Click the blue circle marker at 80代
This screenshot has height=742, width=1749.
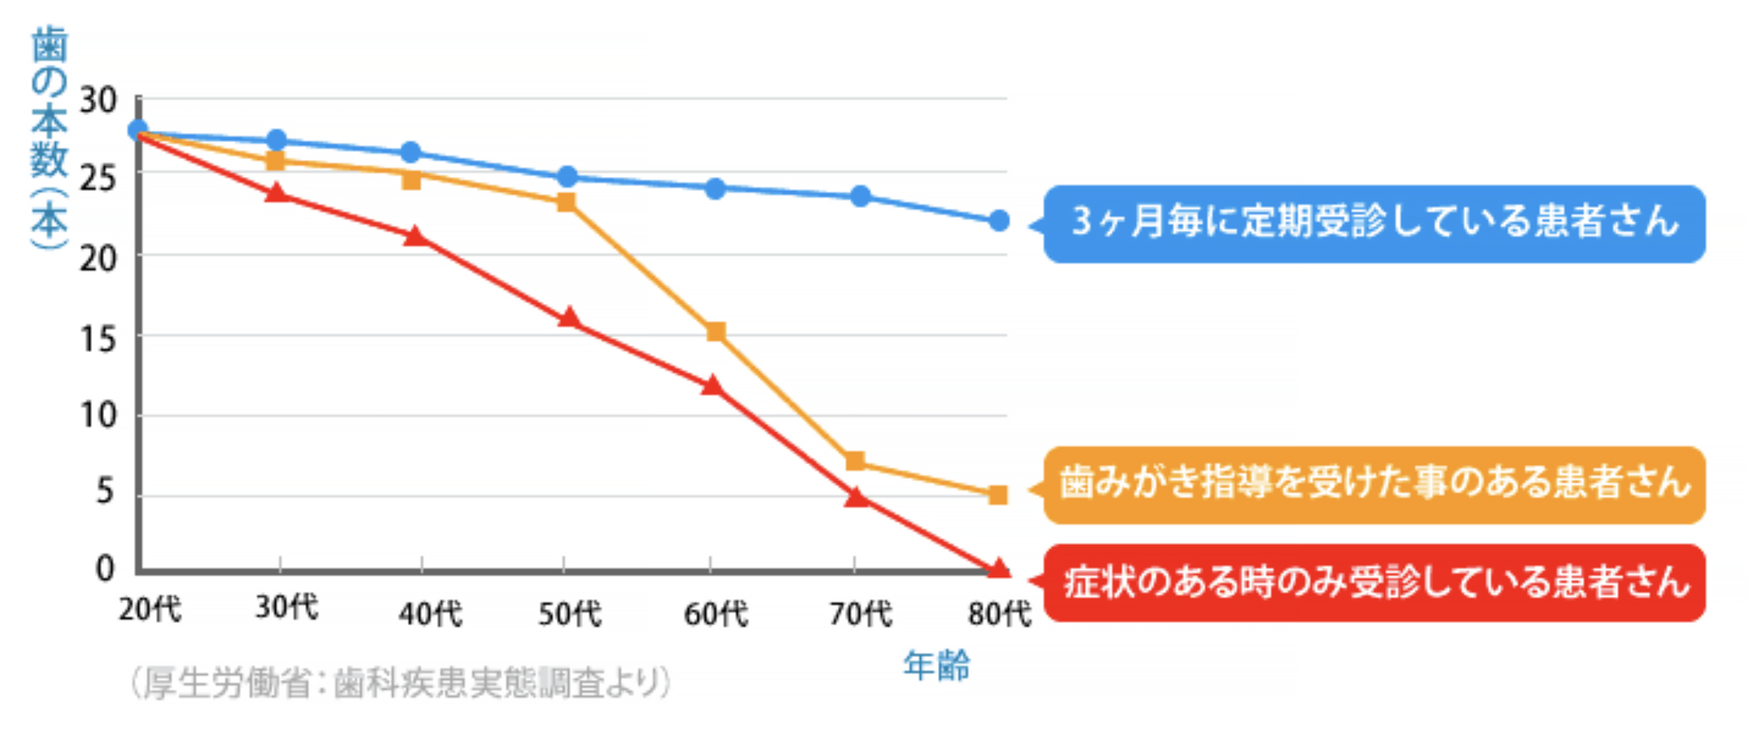999,221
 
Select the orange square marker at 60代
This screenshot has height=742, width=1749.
715,332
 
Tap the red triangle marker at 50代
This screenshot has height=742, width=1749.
569,318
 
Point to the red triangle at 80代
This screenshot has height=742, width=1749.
998,568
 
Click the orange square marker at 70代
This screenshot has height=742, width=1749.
855,462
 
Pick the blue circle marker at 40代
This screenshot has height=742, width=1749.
411,152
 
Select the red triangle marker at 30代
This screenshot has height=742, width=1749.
276,193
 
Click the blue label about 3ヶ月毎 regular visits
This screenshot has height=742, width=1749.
1374,223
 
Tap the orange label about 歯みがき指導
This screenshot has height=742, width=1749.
1374,484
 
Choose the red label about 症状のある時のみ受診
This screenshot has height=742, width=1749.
1374,582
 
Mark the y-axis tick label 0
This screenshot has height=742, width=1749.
105,568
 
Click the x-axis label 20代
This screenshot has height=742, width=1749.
150,609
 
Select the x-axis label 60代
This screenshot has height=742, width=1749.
715,614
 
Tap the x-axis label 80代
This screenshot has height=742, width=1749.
999,614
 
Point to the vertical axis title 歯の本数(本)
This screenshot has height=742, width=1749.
49,139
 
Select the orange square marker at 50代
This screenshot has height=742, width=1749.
566,202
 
